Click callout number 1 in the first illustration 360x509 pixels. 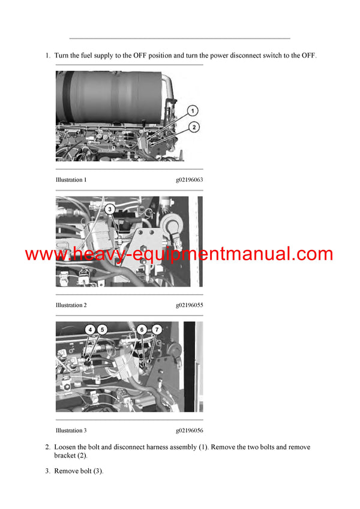192,110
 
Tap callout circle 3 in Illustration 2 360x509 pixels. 109,209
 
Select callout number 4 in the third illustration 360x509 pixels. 89,329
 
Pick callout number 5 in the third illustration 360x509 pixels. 101,329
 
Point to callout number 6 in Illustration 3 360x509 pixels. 142,329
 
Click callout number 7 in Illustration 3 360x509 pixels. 156,329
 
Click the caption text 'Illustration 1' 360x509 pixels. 71,180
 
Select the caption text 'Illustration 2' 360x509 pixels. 71,305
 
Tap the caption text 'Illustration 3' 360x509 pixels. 71,430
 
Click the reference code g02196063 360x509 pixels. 190,180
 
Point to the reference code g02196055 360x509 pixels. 190,305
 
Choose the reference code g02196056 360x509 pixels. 190,430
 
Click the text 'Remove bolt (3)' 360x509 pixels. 79,471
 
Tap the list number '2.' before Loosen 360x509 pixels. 47,447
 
